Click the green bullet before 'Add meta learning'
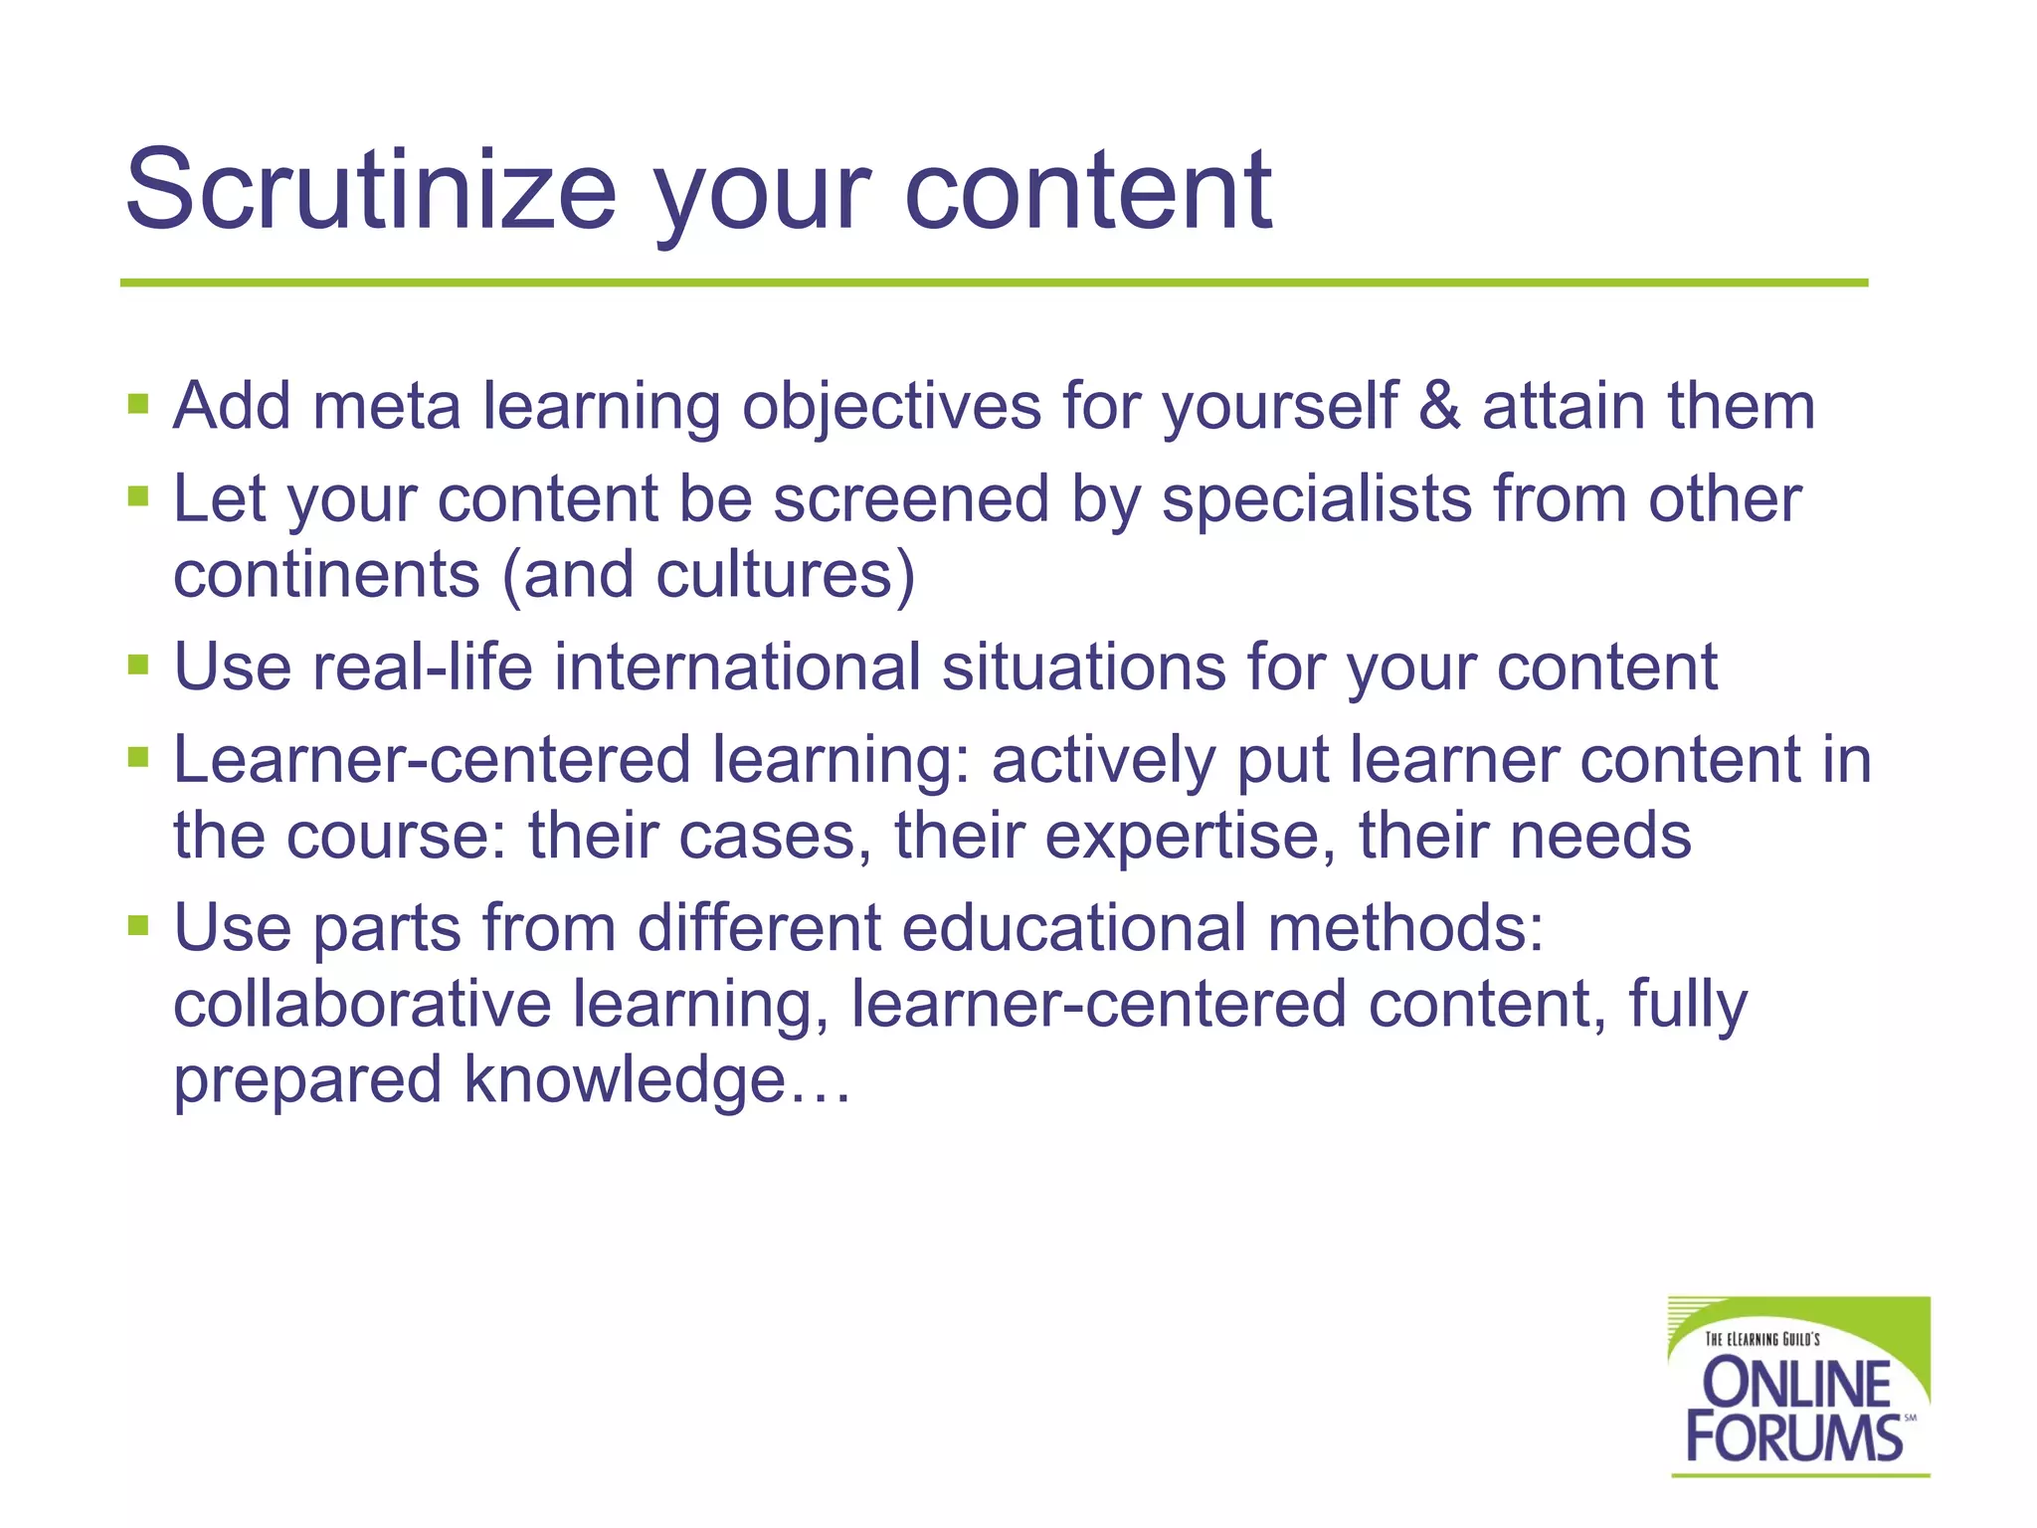(138, 405)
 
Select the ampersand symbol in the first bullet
(1438, 406)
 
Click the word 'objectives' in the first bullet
(891, 408)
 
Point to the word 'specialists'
(1316, 498)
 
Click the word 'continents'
(326, 575)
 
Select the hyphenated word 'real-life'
(423, 667)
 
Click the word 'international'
(737, 667)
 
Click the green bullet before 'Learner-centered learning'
(138, 759)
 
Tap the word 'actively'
(1103, 761)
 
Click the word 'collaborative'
(362, 1004)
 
